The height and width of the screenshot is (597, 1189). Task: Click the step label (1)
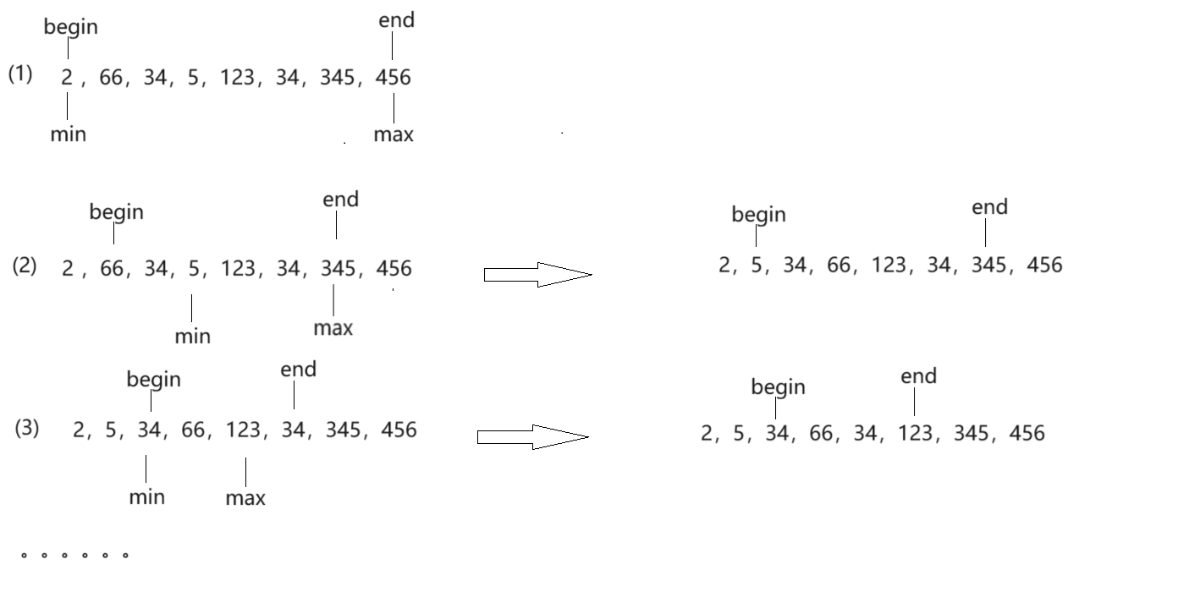(21, 74)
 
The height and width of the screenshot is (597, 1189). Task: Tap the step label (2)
(25, 266)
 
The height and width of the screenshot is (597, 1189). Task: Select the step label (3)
(26, 428)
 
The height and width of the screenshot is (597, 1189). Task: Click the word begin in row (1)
(71, 27)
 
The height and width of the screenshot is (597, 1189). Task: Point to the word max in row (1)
(394, 134)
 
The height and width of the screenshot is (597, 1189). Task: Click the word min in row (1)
(68, 134)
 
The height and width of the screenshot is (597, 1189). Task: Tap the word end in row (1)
(396, 20)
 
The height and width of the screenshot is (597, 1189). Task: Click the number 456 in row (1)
(393, 78)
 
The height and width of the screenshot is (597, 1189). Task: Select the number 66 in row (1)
(111, 78)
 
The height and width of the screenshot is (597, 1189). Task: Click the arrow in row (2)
(537, 274)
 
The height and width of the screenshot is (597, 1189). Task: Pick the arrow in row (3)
(532, 437)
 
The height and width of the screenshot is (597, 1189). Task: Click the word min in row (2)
(192, 337)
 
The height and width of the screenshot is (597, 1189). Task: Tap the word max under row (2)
(333, 327)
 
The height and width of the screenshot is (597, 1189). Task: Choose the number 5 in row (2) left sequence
(194, 269)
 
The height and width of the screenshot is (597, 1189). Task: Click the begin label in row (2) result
(758, 215)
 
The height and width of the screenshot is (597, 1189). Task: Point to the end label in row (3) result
(918, 376)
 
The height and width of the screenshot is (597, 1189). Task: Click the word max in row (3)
(245, 498)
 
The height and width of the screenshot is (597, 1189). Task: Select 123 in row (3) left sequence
(243, 430)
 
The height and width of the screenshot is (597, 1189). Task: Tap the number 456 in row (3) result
(1027, 434)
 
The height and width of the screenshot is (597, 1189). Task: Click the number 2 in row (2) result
(724, 266)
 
